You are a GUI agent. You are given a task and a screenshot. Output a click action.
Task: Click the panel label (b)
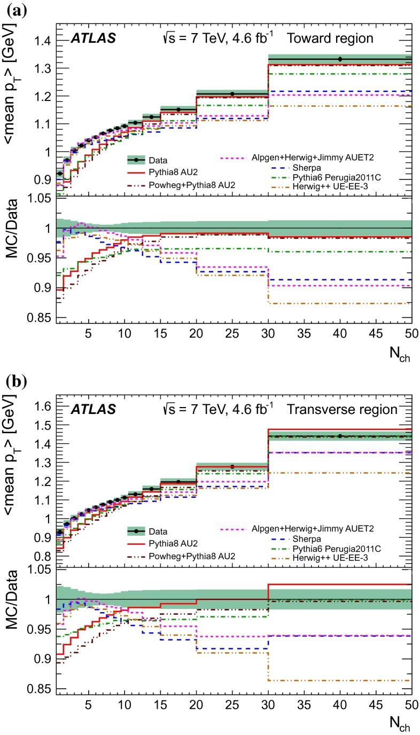[11, 383]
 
